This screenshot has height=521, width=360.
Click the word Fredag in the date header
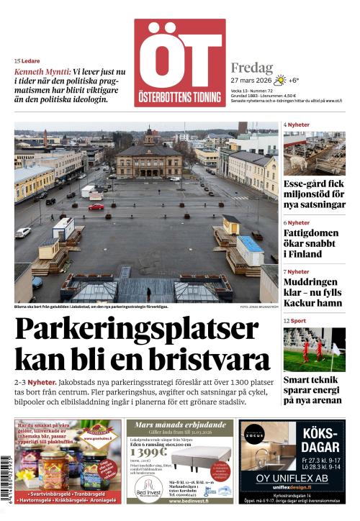click(x=251, y=68)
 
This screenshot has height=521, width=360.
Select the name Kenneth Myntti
click(x=42, y=72)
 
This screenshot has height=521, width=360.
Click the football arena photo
click(x=314, y=350)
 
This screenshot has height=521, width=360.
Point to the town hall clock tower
click(x=149, y=136)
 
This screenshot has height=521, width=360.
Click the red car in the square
click(x=96, y=207)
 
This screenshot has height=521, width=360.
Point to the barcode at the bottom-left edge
click(x=6, y=479)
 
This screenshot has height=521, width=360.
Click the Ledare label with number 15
click(x=27, y=61)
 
